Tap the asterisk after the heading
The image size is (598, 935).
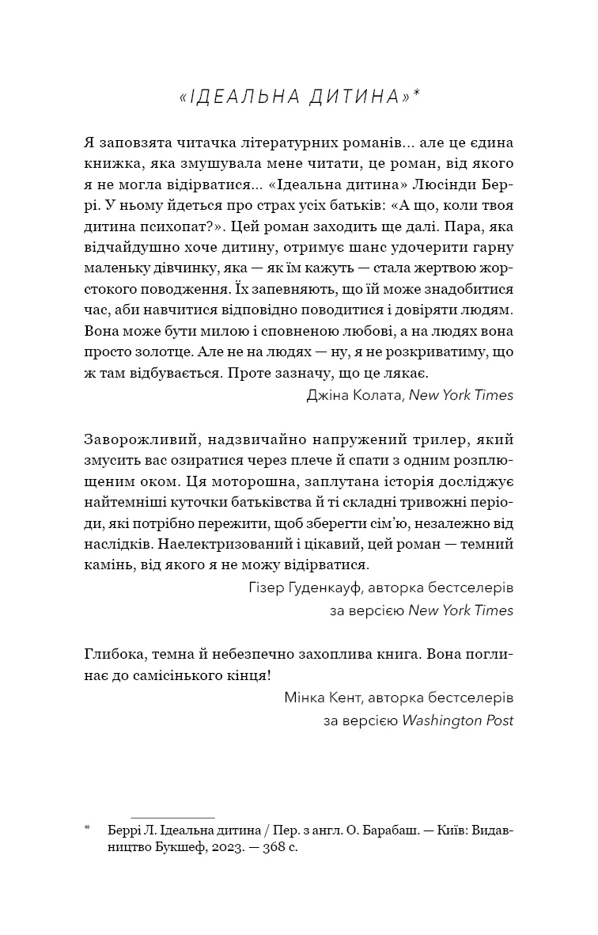(416, 93)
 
